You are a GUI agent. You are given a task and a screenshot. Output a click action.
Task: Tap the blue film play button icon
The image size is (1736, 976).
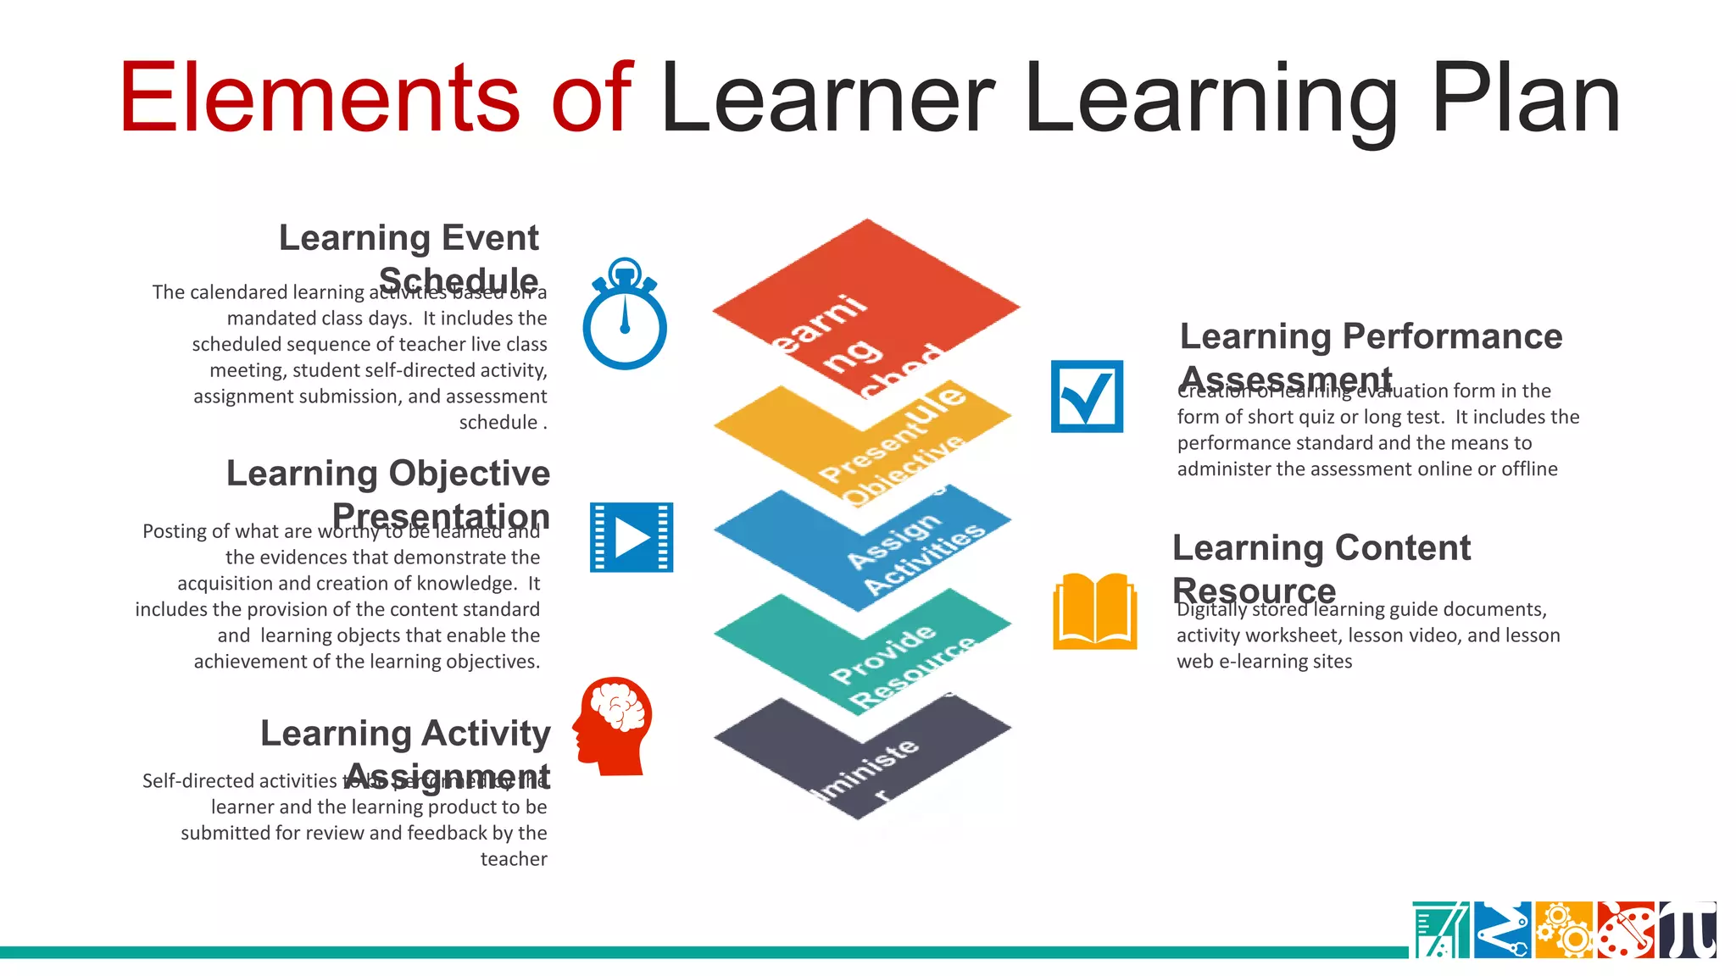[632, 537]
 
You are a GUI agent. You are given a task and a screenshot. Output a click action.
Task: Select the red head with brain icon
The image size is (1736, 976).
[614, 725]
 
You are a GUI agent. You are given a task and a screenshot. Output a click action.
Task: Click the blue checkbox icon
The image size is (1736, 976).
[1087, 396]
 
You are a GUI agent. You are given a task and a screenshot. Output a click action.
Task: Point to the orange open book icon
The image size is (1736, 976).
[1094, 612]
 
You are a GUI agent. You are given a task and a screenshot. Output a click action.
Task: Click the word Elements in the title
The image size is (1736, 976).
[319, 98]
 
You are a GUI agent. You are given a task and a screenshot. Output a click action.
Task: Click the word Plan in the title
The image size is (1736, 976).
[1526, 100]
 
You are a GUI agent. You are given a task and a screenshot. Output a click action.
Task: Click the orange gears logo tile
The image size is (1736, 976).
[1564, 930]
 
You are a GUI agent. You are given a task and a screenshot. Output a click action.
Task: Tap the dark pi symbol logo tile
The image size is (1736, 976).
[1688, 930]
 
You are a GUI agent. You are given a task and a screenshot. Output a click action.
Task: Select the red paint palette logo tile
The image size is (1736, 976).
[1626, 930]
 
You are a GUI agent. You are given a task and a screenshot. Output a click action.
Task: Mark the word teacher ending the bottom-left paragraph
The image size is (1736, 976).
[514, 859]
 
